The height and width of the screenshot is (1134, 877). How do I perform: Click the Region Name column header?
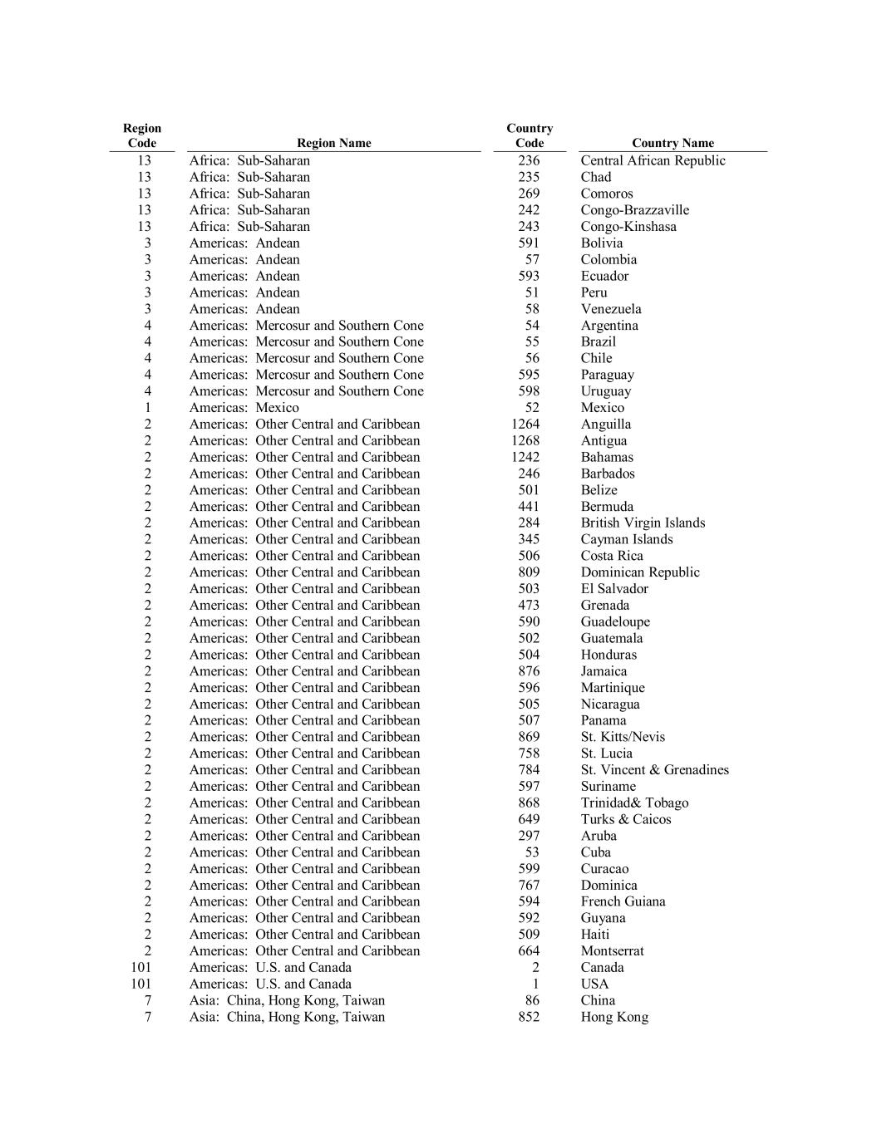(333, 143)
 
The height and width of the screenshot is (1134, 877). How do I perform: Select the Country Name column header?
(673, 143)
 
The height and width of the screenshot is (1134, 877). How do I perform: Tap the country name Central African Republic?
(653, 160)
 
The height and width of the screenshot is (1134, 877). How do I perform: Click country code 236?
(529, 160)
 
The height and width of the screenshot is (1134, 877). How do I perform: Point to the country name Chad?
(596, 177)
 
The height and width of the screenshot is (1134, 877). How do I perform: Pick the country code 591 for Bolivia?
(529, 243)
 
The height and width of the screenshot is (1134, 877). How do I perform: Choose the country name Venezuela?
(611, 309)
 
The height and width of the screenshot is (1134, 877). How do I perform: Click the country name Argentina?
(609, 326)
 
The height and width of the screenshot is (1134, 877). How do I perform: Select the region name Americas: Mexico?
(244, 408)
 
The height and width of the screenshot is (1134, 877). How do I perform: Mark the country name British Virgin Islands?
(643, 523)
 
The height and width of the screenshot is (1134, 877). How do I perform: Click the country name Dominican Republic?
(640, 572)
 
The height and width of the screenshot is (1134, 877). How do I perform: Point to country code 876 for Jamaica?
(529, 671)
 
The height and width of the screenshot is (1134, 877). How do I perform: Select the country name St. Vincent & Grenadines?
(654, 770)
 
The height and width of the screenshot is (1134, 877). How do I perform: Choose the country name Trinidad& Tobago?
(634, 803)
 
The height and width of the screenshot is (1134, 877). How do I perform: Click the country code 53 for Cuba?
(532, 852)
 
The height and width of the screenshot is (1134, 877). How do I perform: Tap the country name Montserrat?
(612, 951)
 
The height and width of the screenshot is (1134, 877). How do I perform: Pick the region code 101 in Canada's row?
(141, 967)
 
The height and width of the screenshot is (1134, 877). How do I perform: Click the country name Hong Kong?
(614, 1017)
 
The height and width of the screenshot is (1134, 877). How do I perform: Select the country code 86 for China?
(532, 1000)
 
